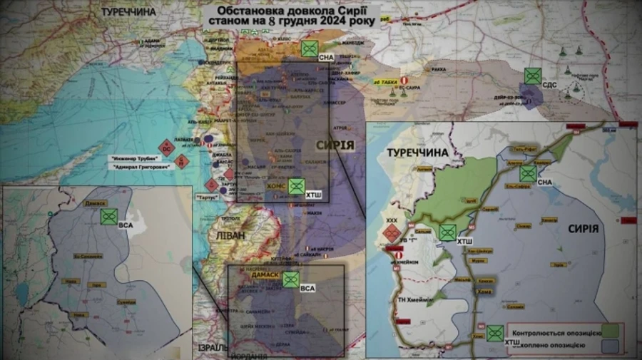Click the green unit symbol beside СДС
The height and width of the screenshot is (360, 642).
click(531, 76)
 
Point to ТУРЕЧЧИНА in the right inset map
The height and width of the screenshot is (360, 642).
click(417, 153)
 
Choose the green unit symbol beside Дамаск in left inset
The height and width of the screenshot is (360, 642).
click(109, 216)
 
